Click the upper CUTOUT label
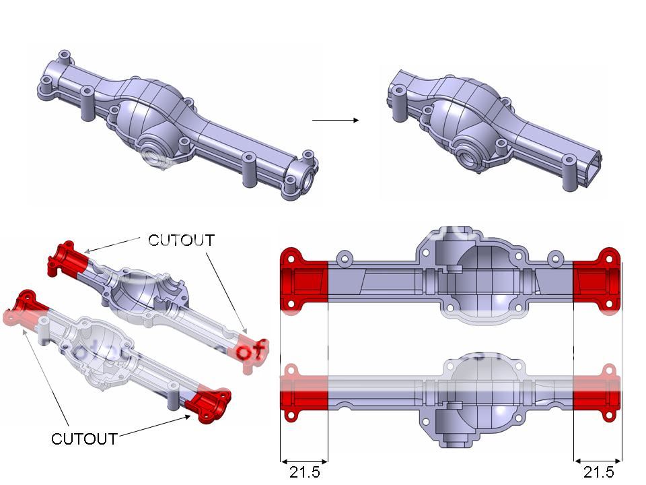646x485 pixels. [181, 240]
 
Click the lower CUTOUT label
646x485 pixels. [84, 439]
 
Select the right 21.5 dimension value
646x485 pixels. [598, 472]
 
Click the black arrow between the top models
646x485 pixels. [335, 121]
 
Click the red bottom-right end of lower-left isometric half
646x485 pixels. [209, 404]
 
